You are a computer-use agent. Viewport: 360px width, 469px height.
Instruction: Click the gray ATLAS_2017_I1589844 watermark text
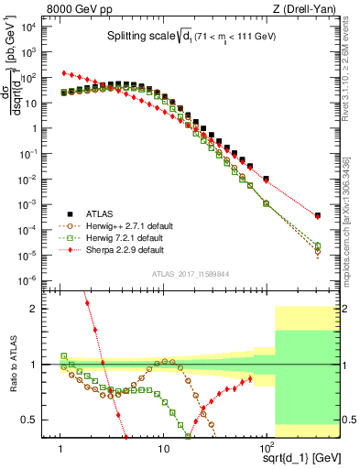click(189, 273)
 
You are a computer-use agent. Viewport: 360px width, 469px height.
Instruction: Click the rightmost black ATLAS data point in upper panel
click(317, 215)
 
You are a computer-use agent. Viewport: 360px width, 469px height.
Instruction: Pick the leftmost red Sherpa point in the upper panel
click(61, 72)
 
